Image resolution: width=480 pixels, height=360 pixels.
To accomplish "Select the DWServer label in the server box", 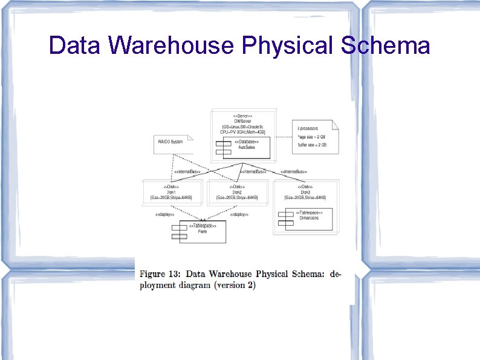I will point(242,120).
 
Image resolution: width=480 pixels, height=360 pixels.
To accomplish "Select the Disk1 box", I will point(171,192).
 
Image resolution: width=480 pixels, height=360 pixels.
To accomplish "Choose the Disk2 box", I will point(237,192).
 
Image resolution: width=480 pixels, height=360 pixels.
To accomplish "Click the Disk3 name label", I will point(305,192).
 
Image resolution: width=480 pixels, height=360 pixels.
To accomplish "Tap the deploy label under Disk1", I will point(164,214).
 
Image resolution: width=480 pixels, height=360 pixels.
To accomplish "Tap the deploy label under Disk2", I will point(239,214).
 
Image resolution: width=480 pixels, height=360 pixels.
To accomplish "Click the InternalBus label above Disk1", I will point(187,172).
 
